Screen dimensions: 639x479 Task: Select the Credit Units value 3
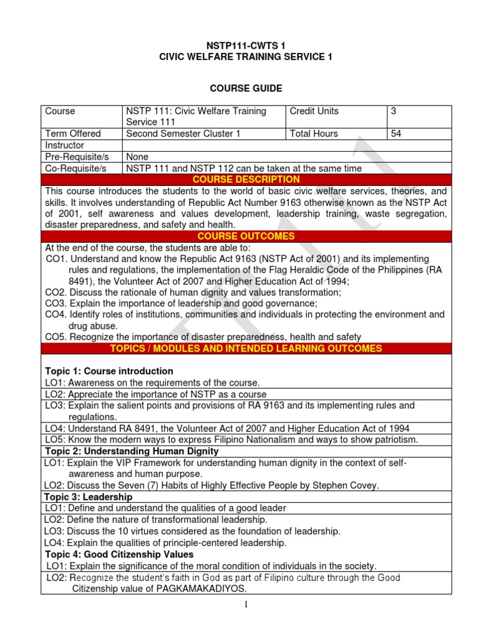394,111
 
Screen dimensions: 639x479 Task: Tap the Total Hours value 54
396,134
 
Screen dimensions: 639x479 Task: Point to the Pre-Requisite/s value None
137,157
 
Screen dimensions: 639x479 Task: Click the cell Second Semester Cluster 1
188,134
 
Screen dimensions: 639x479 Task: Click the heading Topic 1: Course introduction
109,371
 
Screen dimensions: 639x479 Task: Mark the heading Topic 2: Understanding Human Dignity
132,451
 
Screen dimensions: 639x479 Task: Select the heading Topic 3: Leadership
89,497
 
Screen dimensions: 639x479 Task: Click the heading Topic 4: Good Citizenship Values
119,554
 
